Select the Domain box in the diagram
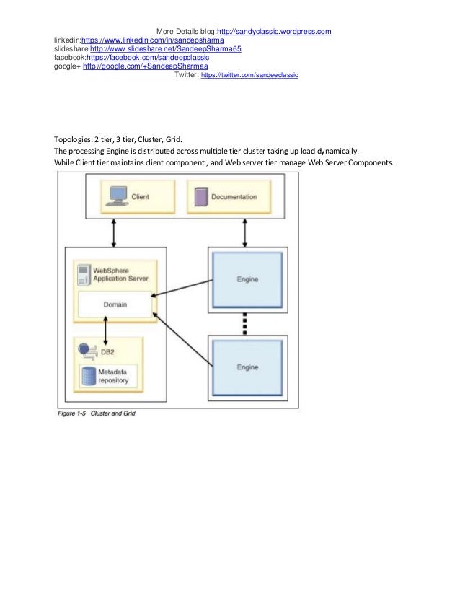pyautogui.click(x=115, y=304)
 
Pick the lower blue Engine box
pyautogui.click(x=247, y=367)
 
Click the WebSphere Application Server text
pyautogui.click(x=119, y=275)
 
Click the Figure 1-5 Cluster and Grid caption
pyautogui.click(x=97, y=413)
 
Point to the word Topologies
pyautogui.click(x=73, y=139)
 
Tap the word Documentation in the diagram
pyautogui.click(x=234, y=196)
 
